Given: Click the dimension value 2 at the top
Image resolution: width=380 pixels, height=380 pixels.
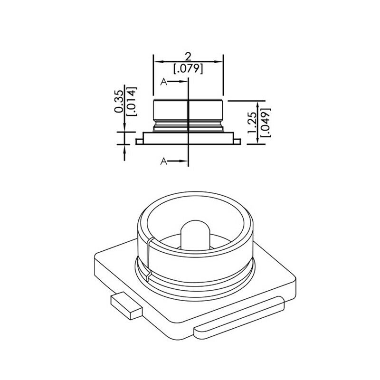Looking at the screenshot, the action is pyautogui.click(x=188, y=57).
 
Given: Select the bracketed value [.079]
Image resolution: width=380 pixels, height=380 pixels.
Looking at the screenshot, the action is pyautogui.click(x=188, y=69).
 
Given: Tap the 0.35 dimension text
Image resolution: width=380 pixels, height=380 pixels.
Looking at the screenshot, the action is pyautogui.click(x=119, y=101).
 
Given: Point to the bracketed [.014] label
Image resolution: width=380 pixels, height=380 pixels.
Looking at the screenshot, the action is pyautogui.click(x=132, y=101).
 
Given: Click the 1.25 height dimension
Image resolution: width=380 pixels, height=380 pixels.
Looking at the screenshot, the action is pyautogui.click(x=252, y=123).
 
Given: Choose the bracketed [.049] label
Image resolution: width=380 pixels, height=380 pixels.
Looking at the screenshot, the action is pyautogui.click(x=266, y=123).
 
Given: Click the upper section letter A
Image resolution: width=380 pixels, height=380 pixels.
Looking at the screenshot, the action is pyautogui.click(x=164, y=82).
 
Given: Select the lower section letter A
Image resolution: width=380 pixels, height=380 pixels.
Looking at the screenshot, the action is pyautogui.click(x=164, y=161).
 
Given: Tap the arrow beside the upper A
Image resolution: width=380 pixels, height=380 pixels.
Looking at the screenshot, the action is pyautogui.click(x=178, y=82).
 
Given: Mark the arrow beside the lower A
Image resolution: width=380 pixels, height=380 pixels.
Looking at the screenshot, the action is pyautogui.click(x=178, y=161).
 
